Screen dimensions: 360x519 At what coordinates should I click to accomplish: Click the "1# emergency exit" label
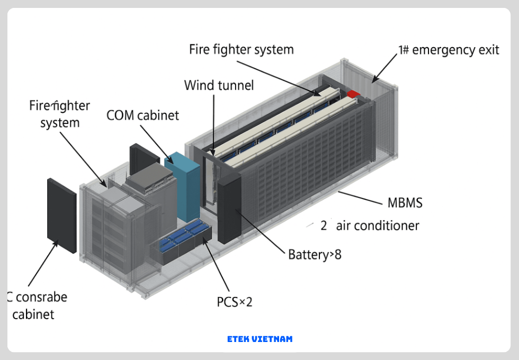click(x=449, y=50)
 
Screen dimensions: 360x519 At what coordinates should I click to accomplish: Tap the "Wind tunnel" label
click(x=219, y=85)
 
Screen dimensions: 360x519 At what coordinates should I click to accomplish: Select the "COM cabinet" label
click(x=142, y=115)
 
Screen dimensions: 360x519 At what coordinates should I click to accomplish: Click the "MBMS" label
click(x=405, y=203)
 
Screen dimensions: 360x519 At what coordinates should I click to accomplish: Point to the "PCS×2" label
click(x=235, y=302)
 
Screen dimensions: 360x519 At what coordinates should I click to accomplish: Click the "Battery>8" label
click(x=315, y=255)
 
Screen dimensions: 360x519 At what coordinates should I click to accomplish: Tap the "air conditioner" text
click(x=378, y=226)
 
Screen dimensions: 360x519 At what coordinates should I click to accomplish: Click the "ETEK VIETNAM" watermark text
click(x=259, y=339)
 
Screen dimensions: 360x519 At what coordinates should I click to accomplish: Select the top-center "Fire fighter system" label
click(x=241, y=50)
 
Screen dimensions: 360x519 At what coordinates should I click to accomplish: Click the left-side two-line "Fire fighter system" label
click(x=59, y=114)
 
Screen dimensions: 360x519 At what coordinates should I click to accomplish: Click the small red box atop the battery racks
click(x=353, y=94)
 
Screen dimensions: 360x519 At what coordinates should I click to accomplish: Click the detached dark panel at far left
click(x=61, y=215)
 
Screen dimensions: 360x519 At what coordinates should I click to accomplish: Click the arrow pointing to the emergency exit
click(x=384, y=68)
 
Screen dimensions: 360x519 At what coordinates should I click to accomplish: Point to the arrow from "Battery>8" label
click(x=259, y=228)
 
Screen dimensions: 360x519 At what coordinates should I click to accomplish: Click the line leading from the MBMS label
click(x=360, y=197)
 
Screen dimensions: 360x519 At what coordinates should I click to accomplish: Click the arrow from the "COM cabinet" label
click(x=157, y=143)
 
